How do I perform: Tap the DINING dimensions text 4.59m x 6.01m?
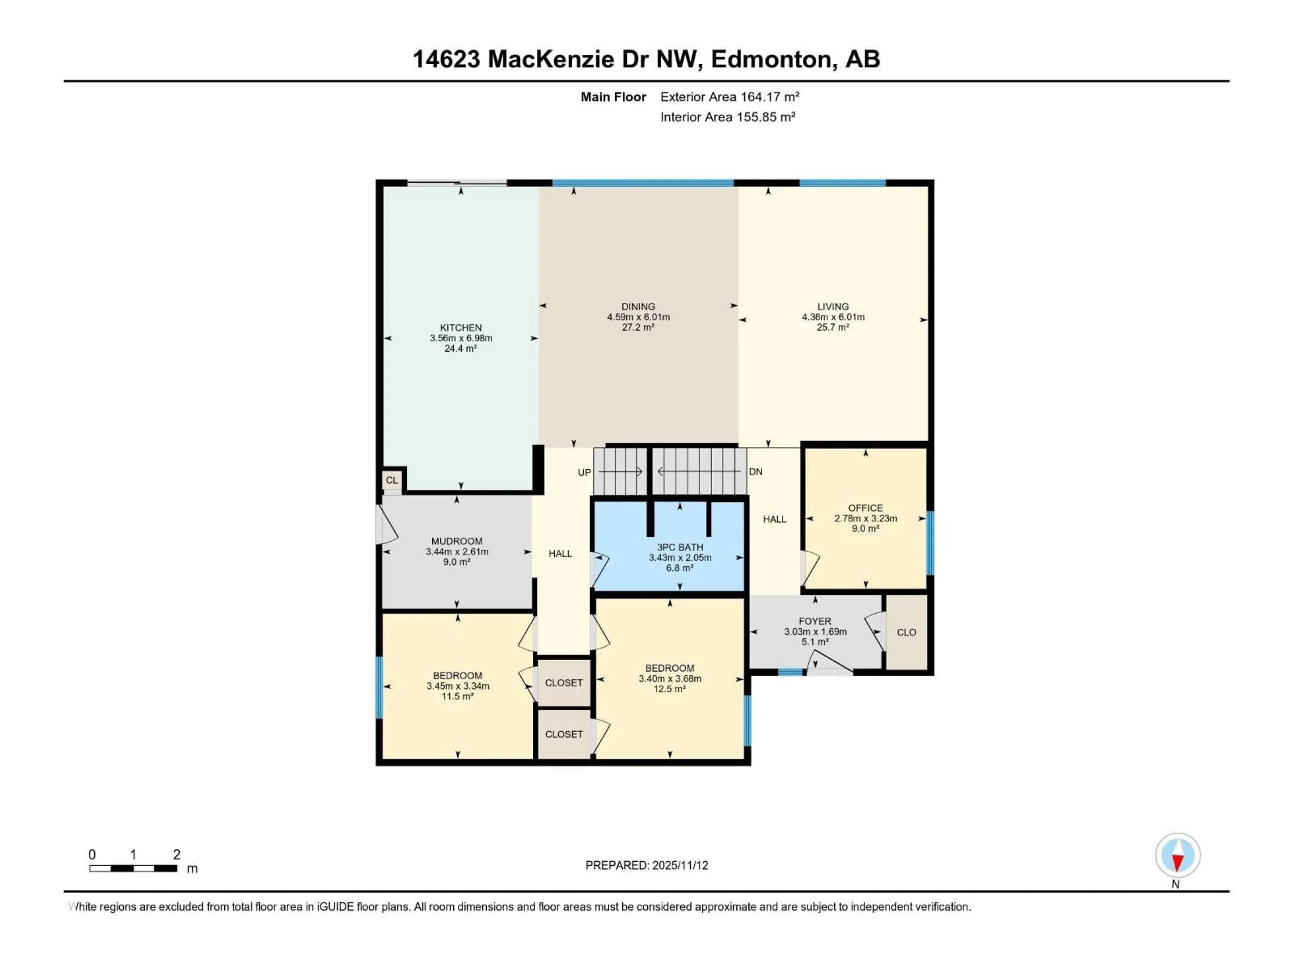point(638,317)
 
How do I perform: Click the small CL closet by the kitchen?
point(391,480)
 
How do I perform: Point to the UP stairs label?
point(584,473)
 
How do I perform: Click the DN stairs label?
point(755,472)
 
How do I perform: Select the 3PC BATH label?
point(680,547)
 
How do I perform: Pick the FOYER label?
point(815,621)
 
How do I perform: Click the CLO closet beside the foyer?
point(906,632)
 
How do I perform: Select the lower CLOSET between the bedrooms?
point(563,734)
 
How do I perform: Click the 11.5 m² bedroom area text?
point(458,697)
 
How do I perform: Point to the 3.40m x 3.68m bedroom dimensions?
point(670,678)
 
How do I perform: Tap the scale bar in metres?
point(133,868)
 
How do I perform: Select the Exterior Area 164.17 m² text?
point(730,97)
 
